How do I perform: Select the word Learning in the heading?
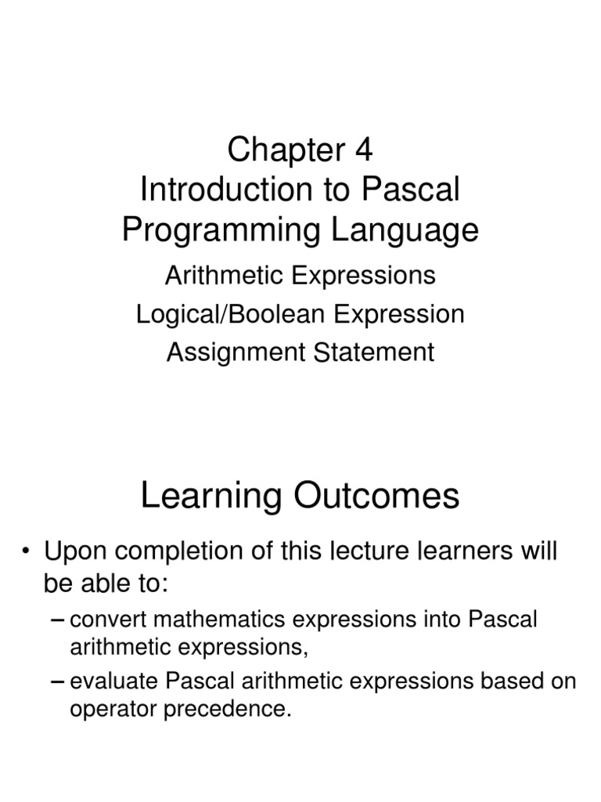click(203, 497)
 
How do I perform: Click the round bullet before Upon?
click(27, 552)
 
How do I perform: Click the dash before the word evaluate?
click(57, 682)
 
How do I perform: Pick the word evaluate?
click(106, 682)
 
